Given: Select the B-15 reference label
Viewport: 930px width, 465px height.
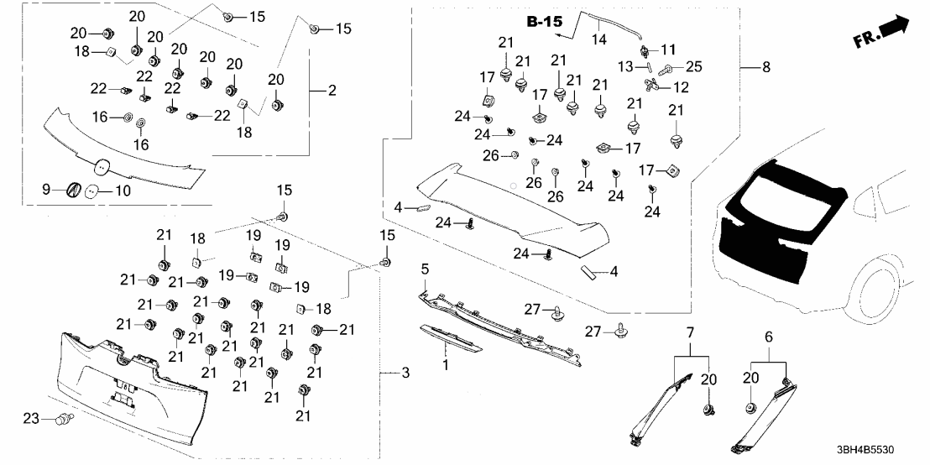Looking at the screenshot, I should [x=545, y=23].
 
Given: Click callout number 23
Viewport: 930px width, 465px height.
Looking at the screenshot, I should [x=31, y=417].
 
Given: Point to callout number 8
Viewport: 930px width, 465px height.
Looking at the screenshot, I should [x=765, y=65].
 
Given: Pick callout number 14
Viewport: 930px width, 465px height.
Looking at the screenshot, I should [x=598, y=39].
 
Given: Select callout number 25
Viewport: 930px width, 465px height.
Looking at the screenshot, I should [x=694, y=65].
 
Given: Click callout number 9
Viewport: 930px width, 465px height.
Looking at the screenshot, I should [x=47, y=190].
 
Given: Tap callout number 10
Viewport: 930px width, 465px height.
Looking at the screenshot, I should [x=122, y=191].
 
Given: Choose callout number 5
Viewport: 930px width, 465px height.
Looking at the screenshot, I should [x=425, y=269].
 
